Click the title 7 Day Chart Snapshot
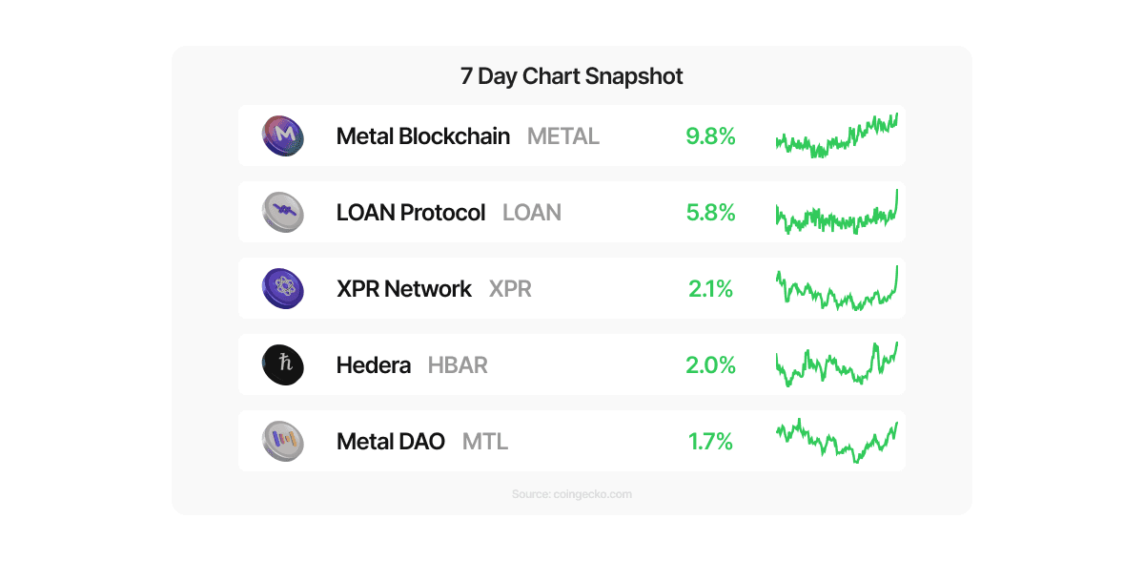point(571,76)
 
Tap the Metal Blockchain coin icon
point(282,135)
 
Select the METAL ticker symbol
point(563,136)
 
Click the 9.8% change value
point(710,136)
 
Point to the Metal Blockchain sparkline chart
point(836,136)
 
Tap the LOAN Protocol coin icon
point(282,212)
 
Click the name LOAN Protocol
point(411,213)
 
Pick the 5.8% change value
point(710,213)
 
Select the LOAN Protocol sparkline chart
point(836,214)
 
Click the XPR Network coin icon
point(282,288)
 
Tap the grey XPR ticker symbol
point(510,289)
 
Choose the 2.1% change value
point(710,289)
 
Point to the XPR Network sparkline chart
point(836,289)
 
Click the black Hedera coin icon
point(282,364)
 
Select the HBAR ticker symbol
point(458,365)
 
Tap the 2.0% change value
point(710,365)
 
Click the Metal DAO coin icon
point(282,441)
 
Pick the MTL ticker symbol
point(485,442)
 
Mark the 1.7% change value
point(710,442)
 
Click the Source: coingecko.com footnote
point(571,494)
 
